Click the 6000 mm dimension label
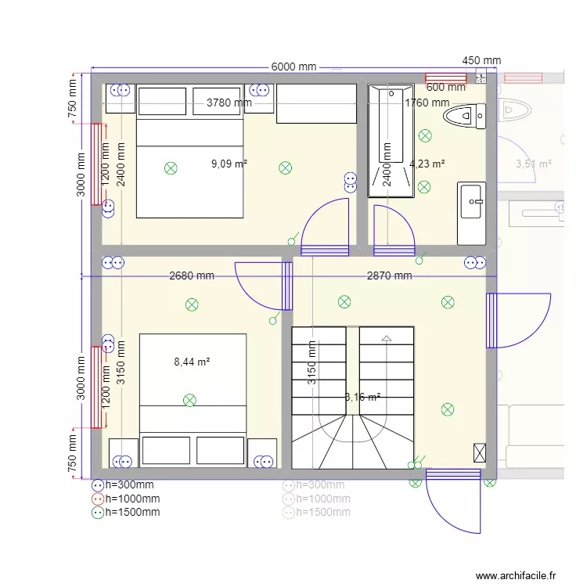pos(293,67)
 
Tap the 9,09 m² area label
pos(229,164)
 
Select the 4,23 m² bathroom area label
pos(427,164)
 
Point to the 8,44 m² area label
pos(192,362)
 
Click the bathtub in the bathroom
pos(391,141)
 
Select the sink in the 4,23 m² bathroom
pos(472,201)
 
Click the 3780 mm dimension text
pos(229,103)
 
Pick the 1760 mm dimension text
pos(427,103)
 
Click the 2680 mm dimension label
pos(192,275)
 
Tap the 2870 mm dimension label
pos(389,275)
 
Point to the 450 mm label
pos(481,60)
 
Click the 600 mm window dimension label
pos(445,88)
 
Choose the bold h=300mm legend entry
pos(129,484)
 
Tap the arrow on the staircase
pos(385,339)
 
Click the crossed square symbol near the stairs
pos(479,452)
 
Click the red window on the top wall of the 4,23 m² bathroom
pos(445,77)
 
